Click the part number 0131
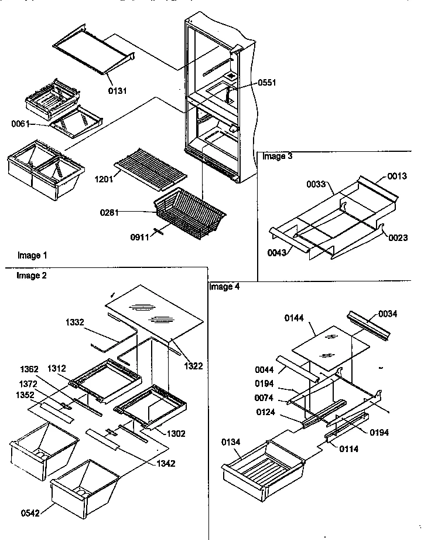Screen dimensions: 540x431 coord(117,91)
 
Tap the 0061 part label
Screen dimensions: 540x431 coord(20,124)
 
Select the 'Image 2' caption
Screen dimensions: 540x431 coord(29,275)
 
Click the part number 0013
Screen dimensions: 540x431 coord(396,176)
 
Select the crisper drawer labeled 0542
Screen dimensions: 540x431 coord(85,490)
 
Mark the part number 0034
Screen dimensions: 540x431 coord(387,314)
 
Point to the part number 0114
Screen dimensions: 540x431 coord(349,449)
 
